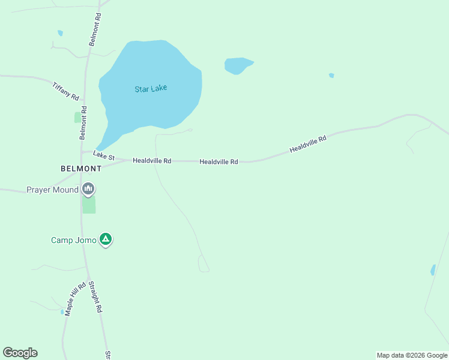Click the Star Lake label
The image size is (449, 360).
point(151,89)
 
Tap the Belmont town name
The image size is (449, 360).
point(81,169)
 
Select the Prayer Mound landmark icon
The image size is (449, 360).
point(89,190)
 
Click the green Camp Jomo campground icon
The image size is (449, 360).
point(106,239)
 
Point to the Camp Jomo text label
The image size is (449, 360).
point(73,240)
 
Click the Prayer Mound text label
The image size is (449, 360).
point(52,190)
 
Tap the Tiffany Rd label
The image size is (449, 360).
point(66,91)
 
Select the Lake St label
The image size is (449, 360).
point(103,155)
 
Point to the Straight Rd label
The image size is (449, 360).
point(95,296)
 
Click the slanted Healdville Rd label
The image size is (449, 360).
point(307,144)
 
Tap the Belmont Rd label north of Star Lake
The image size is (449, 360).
point(95,29)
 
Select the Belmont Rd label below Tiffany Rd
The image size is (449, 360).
point(83,122)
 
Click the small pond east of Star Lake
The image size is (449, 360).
point(238,65)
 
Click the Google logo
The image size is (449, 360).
point(20,353)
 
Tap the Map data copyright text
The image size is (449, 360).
point(412,355)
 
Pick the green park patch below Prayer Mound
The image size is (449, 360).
point(89,205)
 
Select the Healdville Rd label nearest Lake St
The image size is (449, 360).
point(152,161)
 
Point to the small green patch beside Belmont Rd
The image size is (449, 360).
point(77,118)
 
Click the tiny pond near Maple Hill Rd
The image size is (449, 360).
point(62,311)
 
